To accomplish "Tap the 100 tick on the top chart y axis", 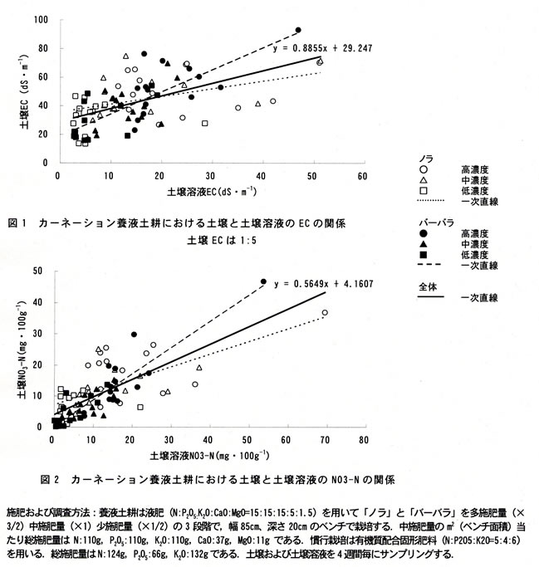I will [x=40, y=20].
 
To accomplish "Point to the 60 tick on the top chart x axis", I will [x=362, y=177].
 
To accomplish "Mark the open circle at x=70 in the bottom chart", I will [x=325, y=313].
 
